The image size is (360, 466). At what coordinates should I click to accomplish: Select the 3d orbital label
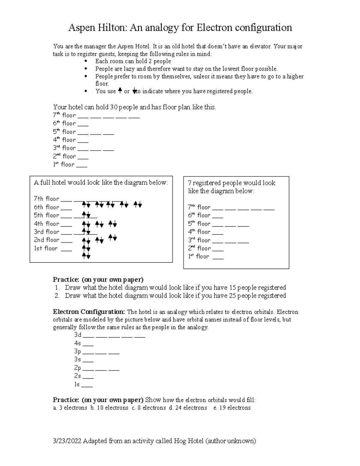(78, 335)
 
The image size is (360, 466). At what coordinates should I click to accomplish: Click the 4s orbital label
(77, 343)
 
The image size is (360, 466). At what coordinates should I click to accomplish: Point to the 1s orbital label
(77, 384)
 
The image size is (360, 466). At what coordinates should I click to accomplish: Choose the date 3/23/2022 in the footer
(67, 441)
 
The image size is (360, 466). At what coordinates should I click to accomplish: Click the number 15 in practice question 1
(233, 287)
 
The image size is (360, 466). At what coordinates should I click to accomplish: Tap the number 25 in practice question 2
(233, 296)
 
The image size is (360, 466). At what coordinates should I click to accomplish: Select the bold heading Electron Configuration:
(89, 312)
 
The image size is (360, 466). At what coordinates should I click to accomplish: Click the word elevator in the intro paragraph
(260, 47)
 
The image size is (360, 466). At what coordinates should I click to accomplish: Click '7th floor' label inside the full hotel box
(46, 199)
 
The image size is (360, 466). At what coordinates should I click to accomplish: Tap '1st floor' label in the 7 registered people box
(198, 256)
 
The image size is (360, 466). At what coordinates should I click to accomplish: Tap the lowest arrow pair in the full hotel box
(86, 256)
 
